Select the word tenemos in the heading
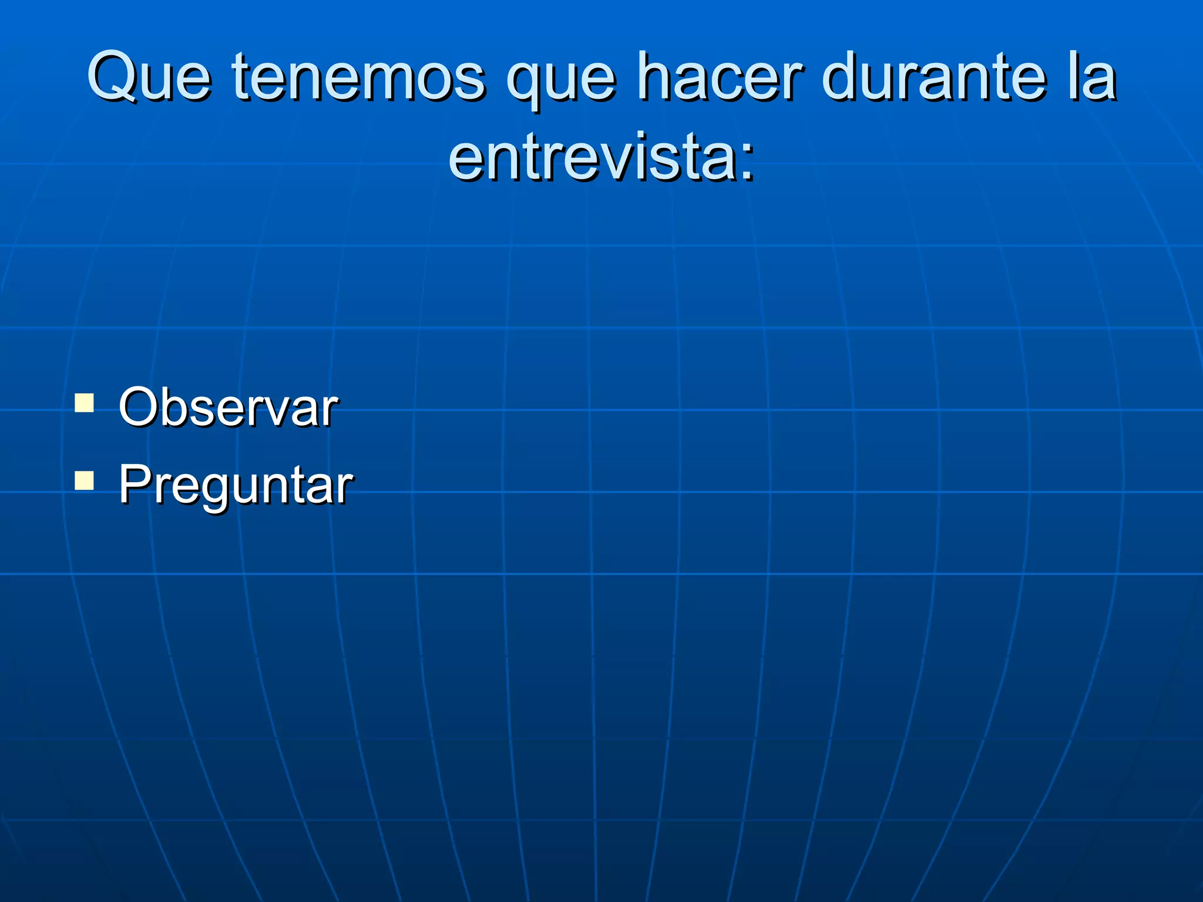(358, 78)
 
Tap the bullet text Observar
(228, 408)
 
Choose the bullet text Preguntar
(236, 485)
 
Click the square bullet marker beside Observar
(85, 403)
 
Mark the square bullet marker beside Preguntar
(85, 481)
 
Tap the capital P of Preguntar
(134, 484)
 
